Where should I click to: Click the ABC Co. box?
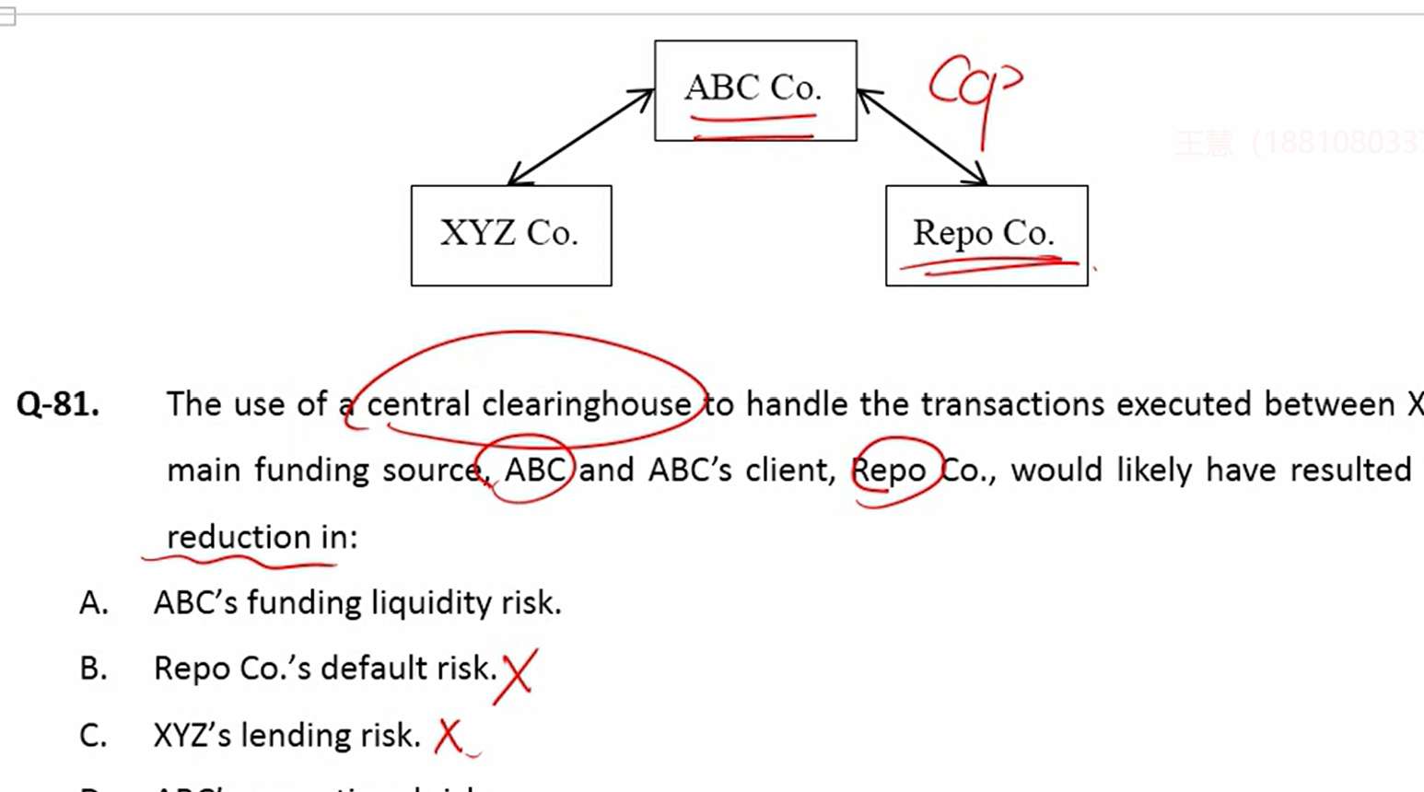pyautogui.click(x=755, y=90)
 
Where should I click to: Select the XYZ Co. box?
pyautogui.click(x=511, y=235)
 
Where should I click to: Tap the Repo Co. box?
pyautogui.click(x=986, y=235)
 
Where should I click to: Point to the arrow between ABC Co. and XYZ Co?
pyautogui.click(x=580, y=137)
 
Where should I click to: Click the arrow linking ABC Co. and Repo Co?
pyautogui.click(x=922, y=137)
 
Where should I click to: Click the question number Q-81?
pyautogui.click(x=58, y=404)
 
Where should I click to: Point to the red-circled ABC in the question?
pyautogui.click(x=534, y=471)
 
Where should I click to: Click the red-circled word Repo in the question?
pyautogui.click(x=889, y=471)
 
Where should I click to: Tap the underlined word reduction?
pyautogui.click(x=239, y=537)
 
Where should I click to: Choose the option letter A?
pyautogui.click(x=93, y=603)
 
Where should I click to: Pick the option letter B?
pyautogui.click(x=93, y=669)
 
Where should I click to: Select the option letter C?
pyautogui.click(x=93, y=736)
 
